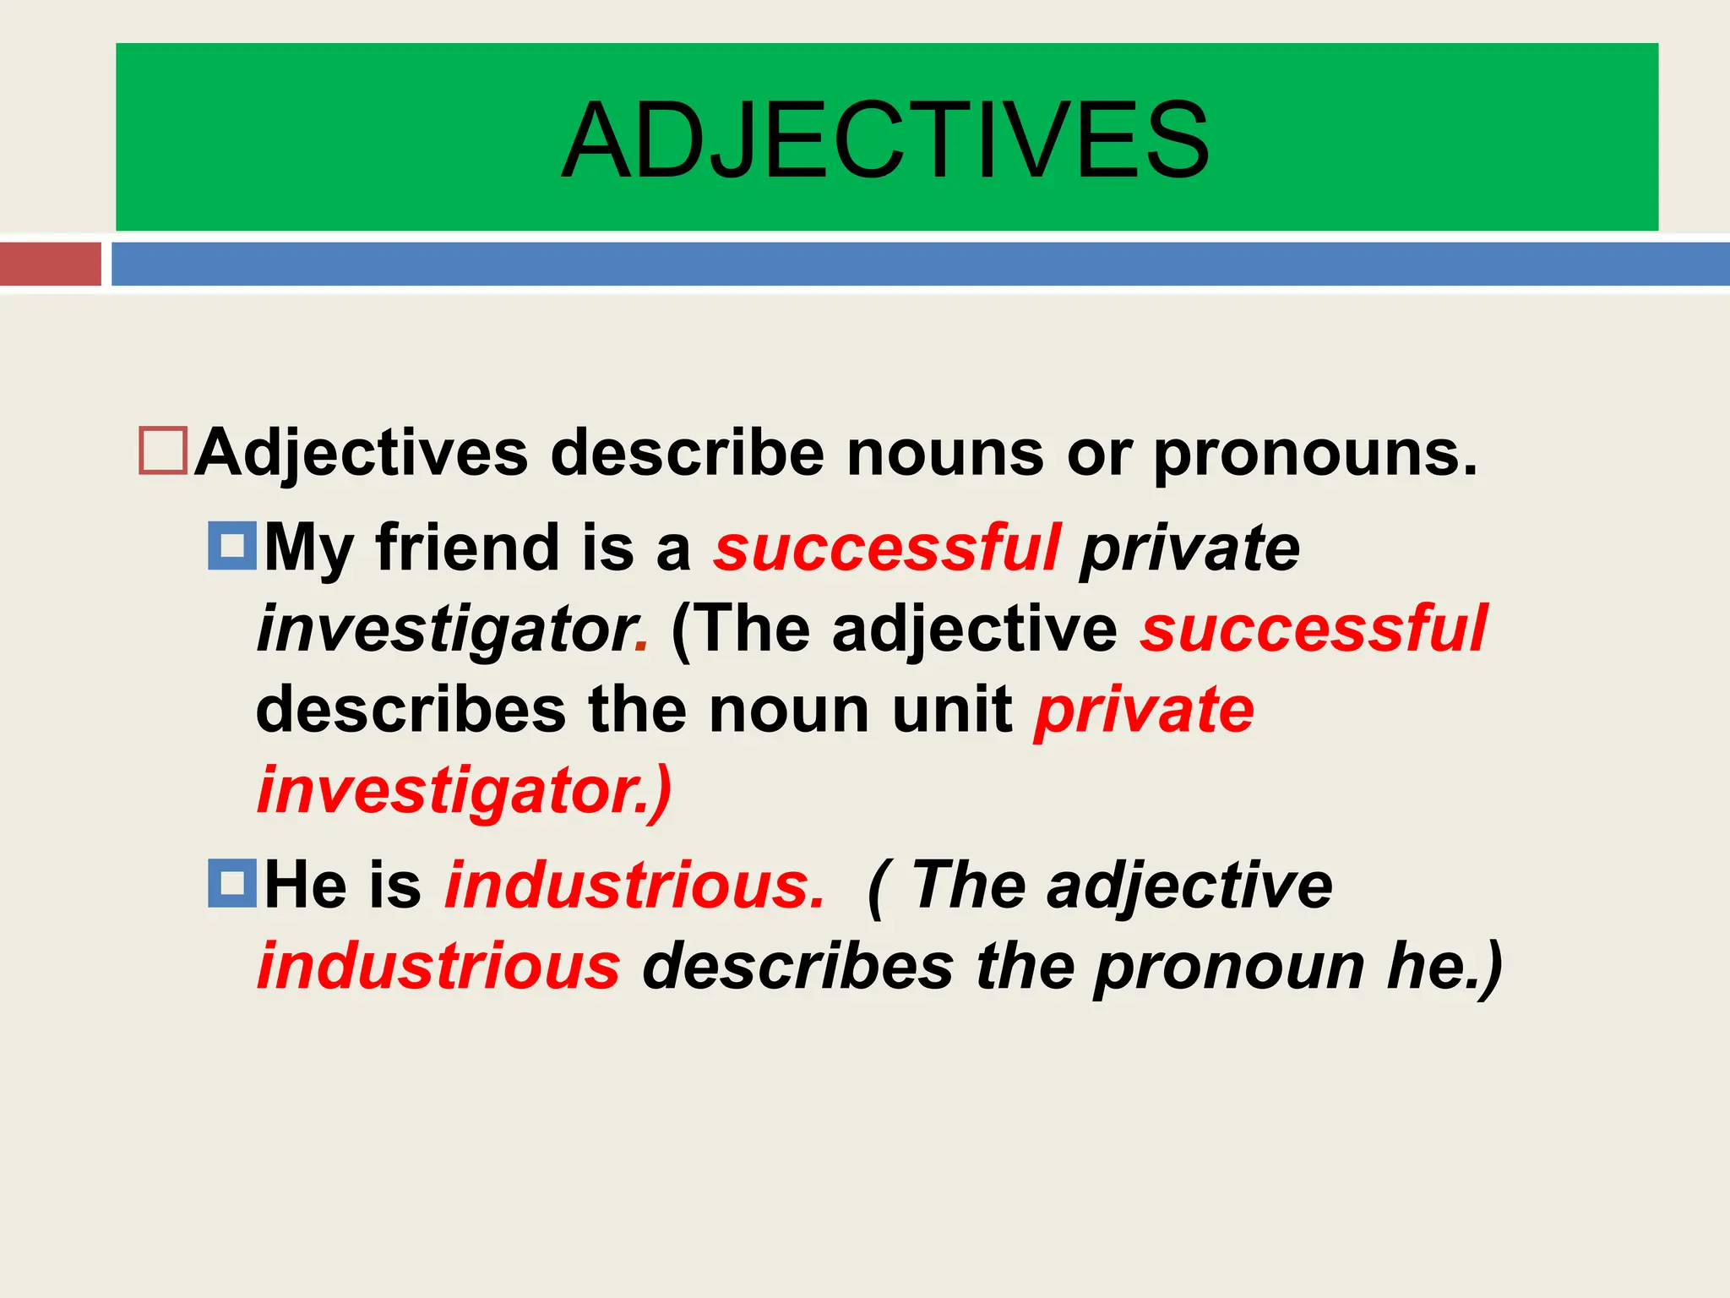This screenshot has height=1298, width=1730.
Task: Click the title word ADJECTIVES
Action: pyautogui.click(x=885, y=140)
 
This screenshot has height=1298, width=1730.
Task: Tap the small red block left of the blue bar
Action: pyautogui.click(x=50, y=264)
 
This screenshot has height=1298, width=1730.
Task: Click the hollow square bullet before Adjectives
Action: pyautogui.click(x=163, y=451)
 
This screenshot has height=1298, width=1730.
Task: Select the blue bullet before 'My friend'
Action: pyautogui.click(x=232, y=545)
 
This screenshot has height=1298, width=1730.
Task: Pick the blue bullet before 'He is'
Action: pyautogui.click(x=232, y=883)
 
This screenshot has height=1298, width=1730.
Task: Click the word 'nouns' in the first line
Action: pyautogui.click(x=945, y=453)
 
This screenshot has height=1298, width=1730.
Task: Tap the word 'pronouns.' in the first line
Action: pyautogui.click(x=1315, y=455)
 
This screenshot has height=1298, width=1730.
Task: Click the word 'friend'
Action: pyautogui.click(x=467, y=547)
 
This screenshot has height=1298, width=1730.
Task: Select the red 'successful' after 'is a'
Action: pyautogui.click(x=886, y=547)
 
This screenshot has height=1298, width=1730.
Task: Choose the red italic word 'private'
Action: pyautogui.click(x=1144, y=710)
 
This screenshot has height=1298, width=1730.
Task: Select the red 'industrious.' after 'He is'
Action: pyautogui.click(x=634, y=885)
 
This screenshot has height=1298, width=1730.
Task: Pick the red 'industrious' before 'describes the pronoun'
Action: pyautogui.click(x=438, y=966)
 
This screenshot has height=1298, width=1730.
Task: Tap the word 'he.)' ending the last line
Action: pyautogui.click(x=1444, y=966)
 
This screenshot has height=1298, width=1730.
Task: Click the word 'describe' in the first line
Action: pyautogui.click(x=687, y=453)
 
